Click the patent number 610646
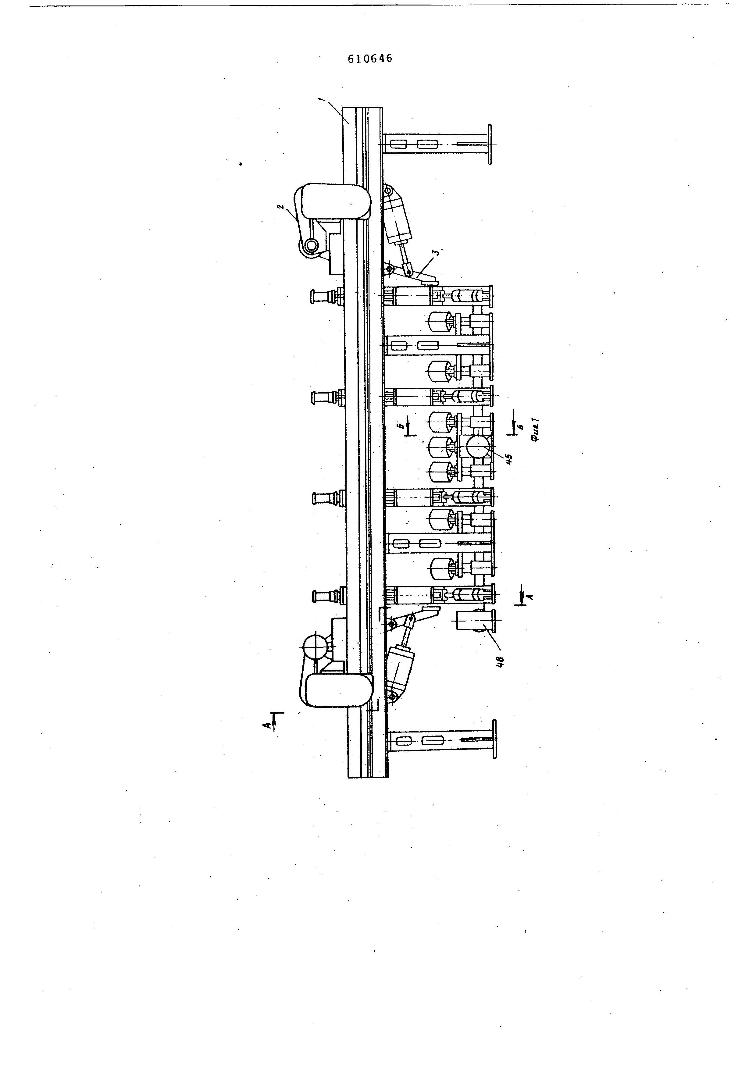pyautogui.click(x=370, y=58)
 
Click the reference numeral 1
pyautogui.click(x=320, y=99)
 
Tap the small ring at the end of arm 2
pyautogui.click(x=310, y=245)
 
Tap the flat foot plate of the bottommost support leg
pyautogui.click(x=494, y=745)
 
